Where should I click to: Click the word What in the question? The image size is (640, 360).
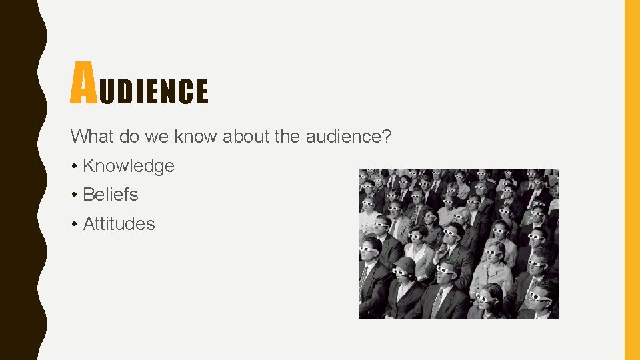pyautogui.click(x=93, y=137)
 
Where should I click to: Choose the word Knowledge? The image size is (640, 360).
pyautogui.click(x=129, y=166)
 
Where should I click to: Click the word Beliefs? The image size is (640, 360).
pyautogui.click(x=111, y=195)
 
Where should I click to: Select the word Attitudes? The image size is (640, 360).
pyautogui.click(x=119, y=224)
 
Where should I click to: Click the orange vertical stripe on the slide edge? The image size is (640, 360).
pyautogui.click(x=631, y=180)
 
